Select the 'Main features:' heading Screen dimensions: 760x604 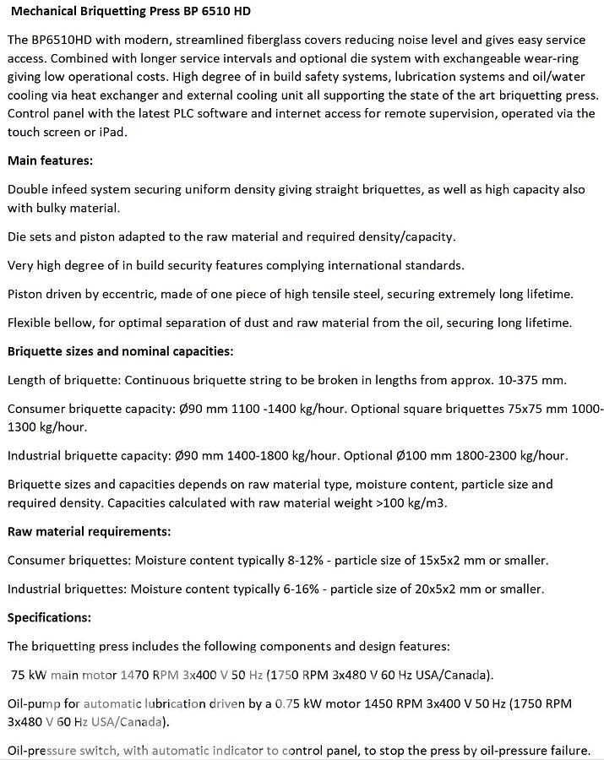click(50, 160)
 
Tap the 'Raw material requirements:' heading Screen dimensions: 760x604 click(89, 531)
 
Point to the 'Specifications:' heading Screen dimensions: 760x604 click(49, 617)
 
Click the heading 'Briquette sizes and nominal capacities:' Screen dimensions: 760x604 click(120, 350)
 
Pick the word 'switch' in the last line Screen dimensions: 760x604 click(106, 750)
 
